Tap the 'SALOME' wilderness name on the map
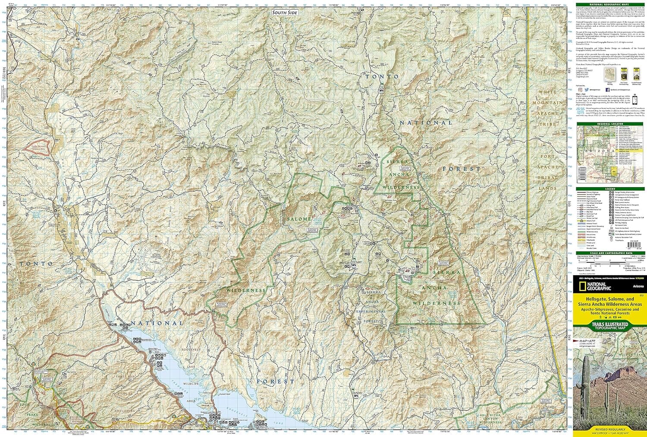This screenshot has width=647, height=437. click(297, 219)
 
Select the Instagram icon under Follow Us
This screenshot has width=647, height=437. click(580, 89)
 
